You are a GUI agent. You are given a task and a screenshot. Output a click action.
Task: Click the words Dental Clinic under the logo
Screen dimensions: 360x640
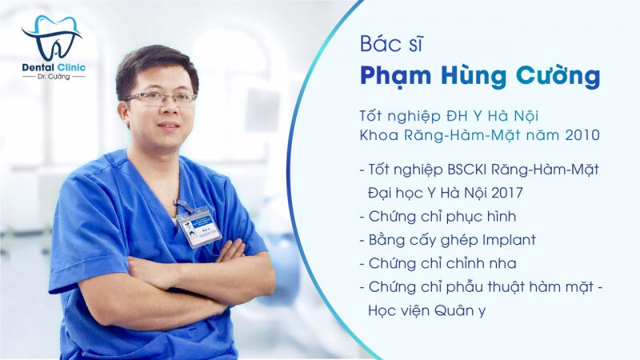click(x=53, y=67)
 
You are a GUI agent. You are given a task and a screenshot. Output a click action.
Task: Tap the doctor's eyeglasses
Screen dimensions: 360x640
click(x=160, y=98)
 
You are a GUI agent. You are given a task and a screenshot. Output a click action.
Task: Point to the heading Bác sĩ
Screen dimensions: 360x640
click(x=386, y=45)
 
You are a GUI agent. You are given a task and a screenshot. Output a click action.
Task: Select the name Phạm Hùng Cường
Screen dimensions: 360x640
click(x=479, y=75)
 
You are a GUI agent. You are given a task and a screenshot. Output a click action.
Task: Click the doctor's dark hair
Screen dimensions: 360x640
click(x=152, y=61)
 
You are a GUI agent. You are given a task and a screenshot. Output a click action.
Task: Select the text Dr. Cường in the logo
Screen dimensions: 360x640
click(x=52, y=78)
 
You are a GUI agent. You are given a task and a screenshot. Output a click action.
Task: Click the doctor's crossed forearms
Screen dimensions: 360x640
click(x=192, y=276)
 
